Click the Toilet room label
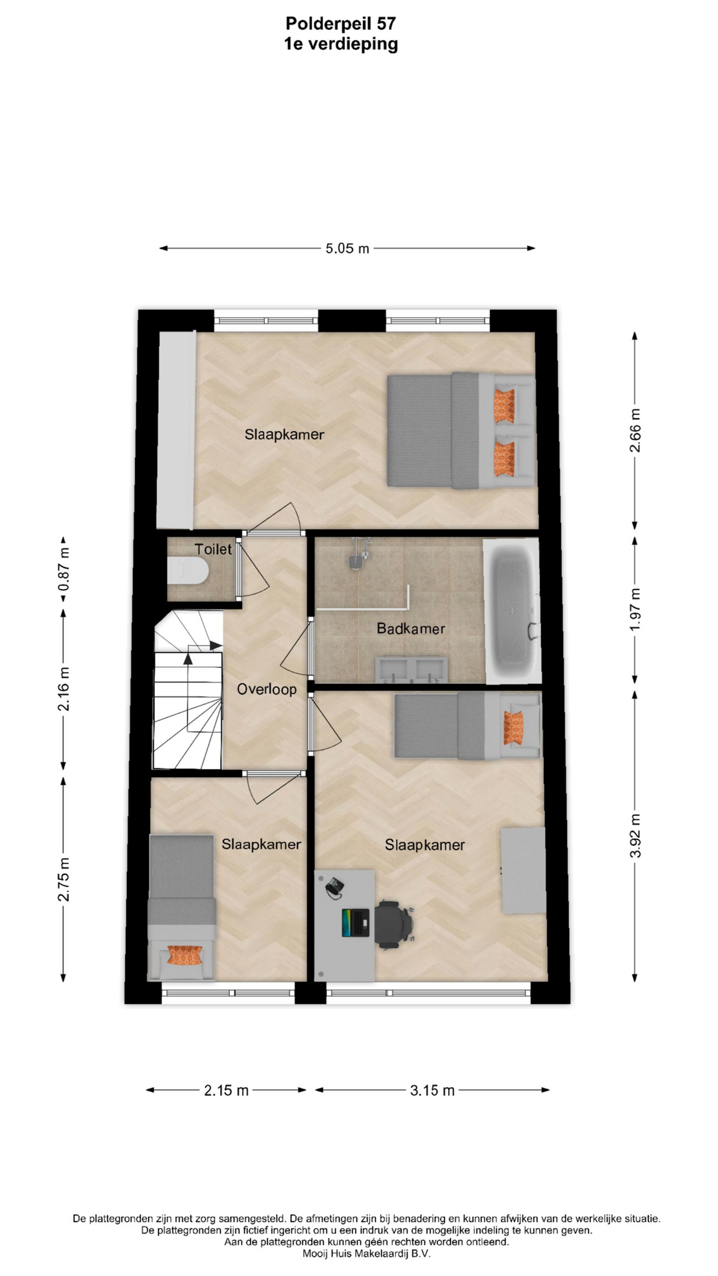(x=213, y=549)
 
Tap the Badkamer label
(x=411, y=628)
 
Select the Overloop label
(x=267, y=689)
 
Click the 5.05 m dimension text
(x=347, y=249)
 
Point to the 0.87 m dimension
(x=64, y=568)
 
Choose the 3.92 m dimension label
(x=636, y=835)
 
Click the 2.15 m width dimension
(x=226, y=1090)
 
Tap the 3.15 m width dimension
(x=432, y=1090)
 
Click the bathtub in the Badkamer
(x=511, y=611)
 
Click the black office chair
(x=395, y=922)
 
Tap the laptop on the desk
(x=356, y=922)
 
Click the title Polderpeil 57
(x=340, y=24)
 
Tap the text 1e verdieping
(x=340, y=45)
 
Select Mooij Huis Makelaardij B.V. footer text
(x=366, y=1253)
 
